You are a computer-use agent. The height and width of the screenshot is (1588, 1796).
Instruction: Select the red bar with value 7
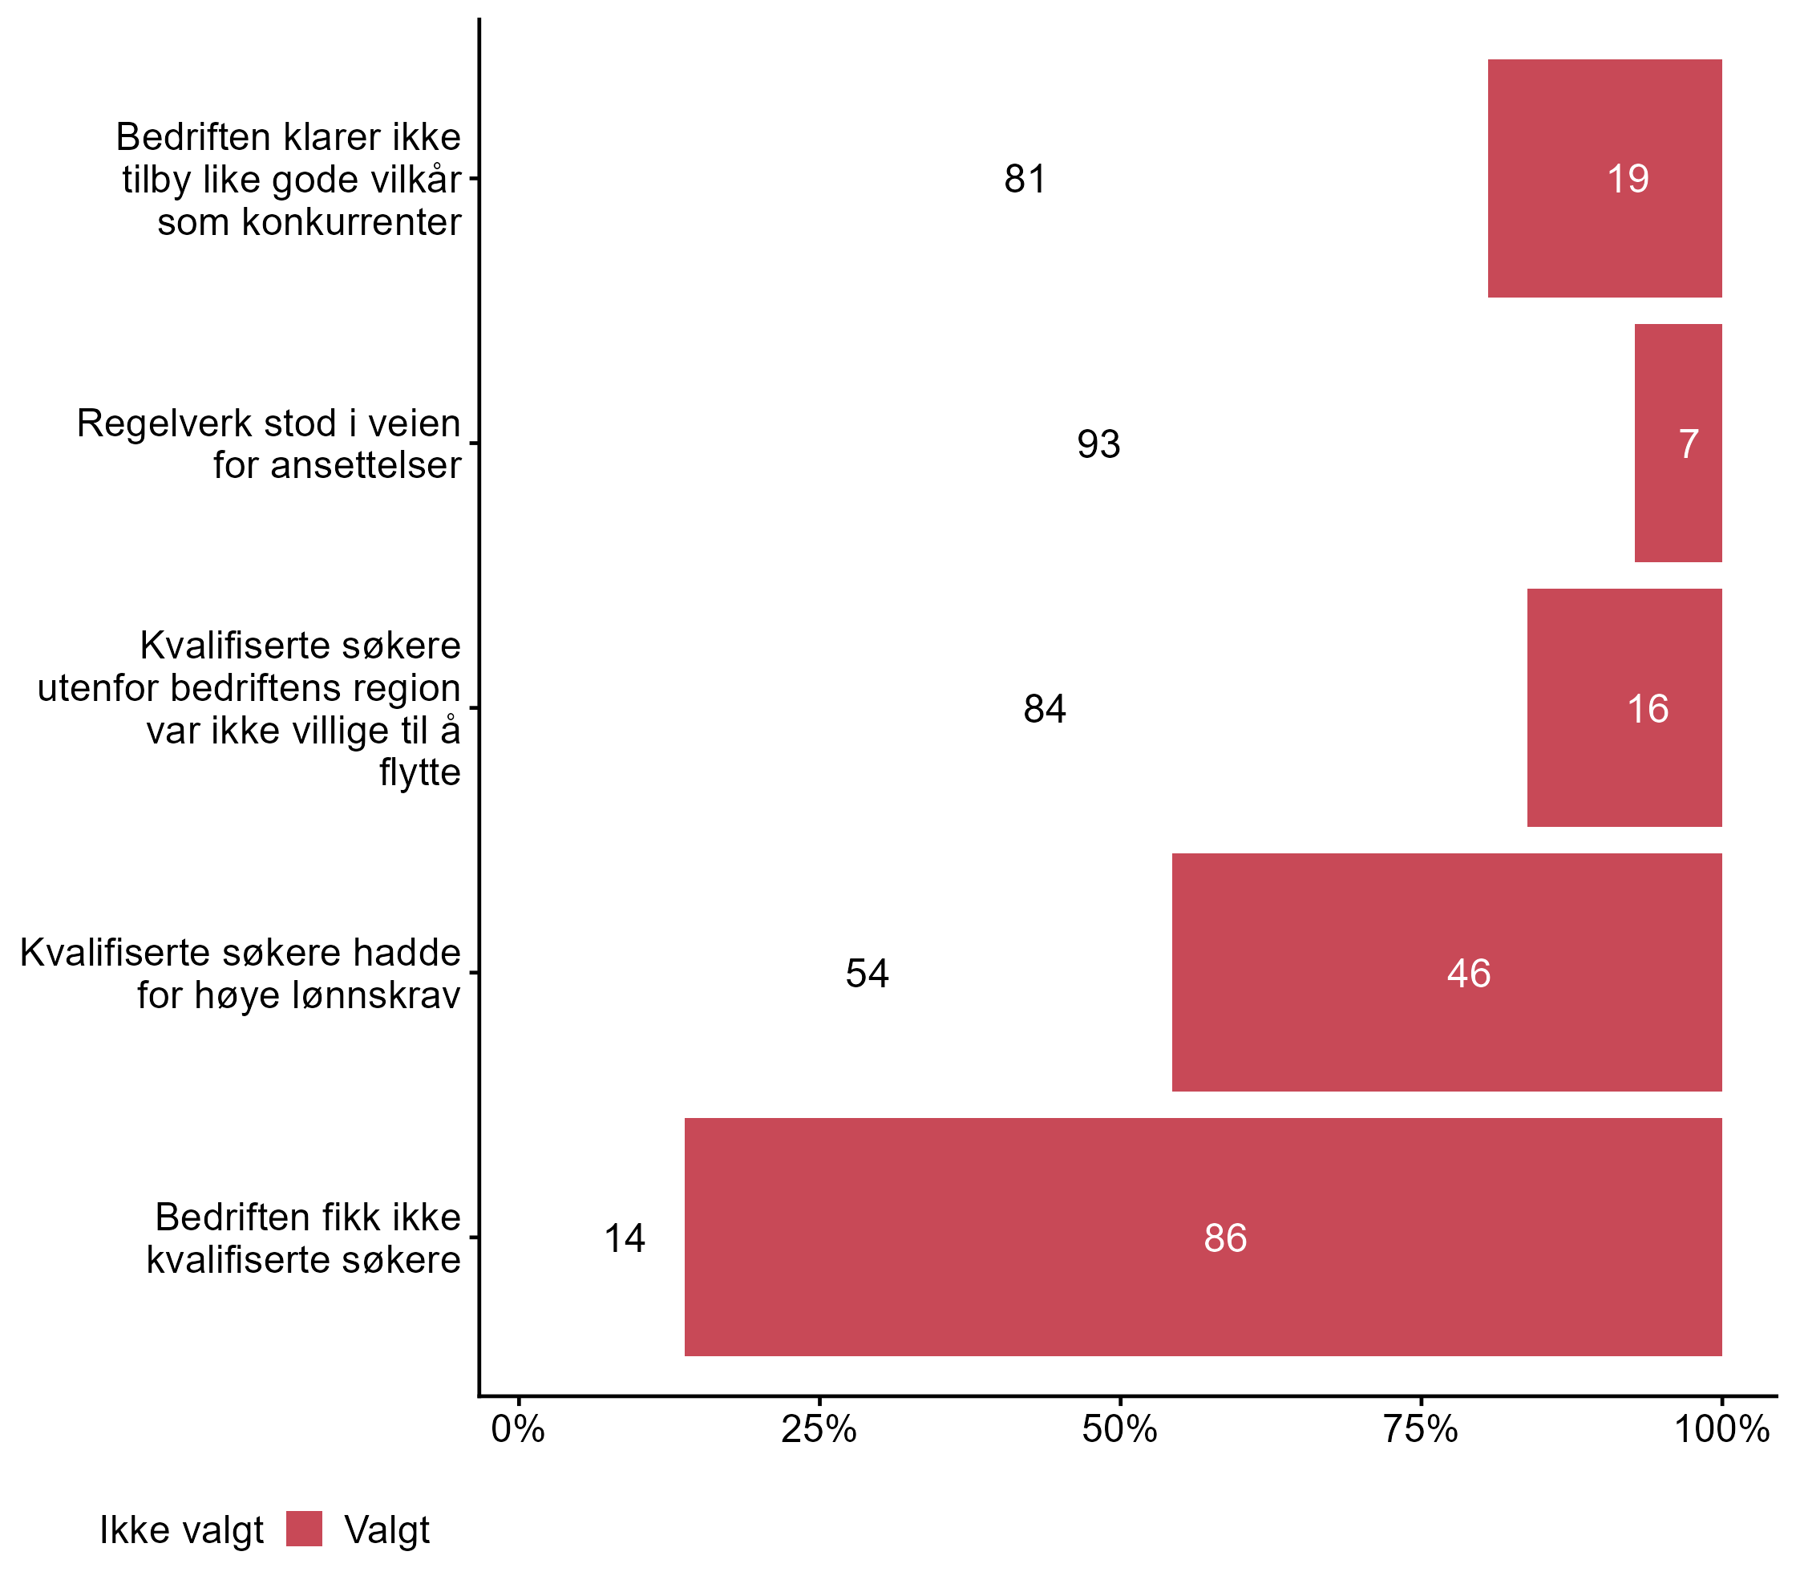coord(1677,443)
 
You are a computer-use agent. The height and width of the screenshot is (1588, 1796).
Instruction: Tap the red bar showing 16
coord(1624,707)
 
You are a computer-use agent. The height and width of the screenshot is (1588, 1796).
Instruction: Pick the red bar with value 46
coord(1446,972)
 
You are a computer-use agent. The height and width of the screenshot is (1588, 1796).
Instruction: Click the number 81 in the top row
coord(1025,180)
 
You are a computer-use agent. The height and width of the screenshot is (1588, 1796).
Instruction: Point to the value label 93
coord(1098,444)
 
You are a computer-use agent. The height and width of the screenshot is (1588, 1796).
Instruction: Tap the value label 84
coord(1044,708)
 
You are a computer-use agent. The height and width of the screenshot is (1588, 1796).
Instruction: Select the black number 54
coord(867,974)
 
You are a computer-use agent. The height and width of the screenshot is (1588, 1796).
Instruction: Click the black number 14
coord(624,1238)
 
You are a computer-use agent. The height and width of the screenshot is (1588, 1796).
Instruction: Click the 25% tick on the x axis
coord(819,1430)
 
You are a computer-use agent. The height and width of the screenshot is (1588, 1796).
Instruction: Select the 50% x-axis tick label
coord(1119,1430)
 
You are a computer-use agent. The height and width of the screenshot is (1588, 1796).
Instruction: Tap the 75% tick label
coord(1420,1430)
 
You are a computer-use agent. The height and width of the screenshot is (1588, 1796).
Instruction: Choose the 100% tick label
coord(1721,1430)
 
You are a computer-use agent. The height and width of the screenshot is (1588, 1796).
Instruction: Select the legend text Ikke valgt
coord(181,1530)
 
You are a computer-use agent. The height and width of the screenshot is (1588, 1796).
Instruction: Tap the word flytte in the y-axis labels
coord(419,772)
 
